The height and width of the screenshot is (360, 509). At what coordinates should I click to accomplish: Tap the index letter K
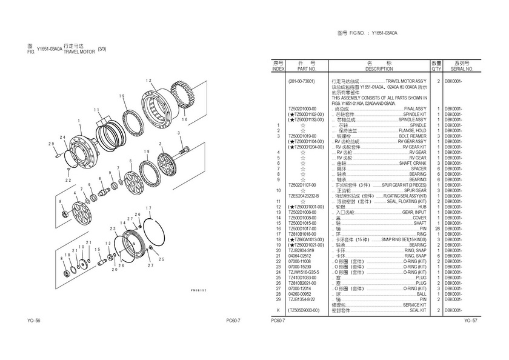tap(278, 310)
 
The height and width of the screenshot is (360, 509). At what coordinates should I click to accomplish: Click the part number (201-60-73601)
tap(301, 81)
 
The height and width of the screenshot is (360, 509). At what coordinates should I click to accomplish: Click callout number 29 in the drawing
tap(52, 144)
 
